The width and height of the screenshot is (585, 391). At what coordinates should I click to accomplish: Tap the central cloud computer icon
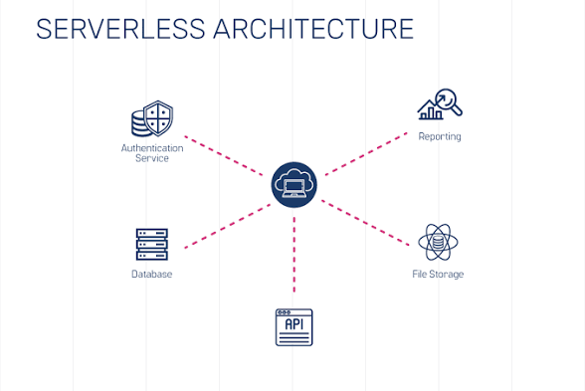click(x=293, y=184)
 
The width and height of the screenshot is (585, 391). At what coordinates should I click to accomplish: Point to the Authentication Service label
click(x=151, y=153)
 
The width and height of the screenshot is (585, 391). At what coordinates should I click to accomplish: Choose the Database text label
click(x=151, y=275)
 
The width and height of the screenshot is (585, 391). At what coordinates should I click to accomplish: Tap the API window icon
click(x=293, y=327)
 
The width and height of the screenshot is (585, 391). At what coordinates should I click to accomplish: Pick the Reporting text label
click(x=439, y=137)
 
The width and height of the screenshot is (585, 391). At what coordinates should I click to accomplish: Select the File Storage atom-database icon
click(x=438, y=243)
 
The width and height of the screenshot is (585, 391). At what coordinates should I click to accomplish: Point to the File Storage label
click(x=438, y=275)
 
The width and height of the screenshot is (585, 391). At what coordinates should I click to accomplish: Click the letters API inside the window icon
click(x=293, y=324)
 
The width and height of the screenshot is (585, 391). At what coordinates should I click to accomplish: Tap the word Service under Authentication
click(x=151, y=159)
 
